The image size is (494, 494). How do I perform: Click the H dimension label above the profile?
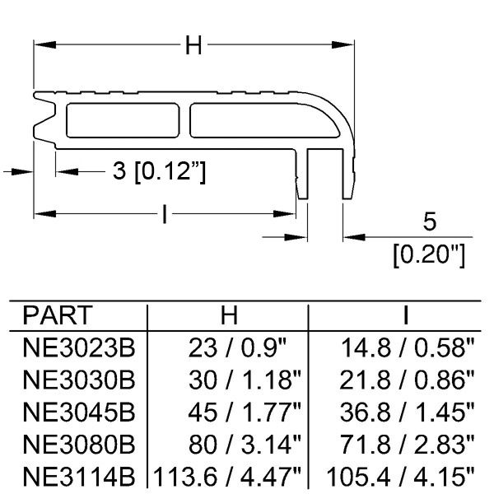point(193,45)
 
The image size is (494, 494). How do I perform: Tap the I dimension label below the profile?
point(165,214)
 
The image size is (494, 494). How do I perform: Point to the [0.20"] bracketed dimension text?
point(429,255)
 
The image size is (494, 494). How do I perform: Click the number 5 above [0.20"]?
point(430,221)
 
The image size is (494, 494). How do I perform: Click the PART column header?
point(58,315)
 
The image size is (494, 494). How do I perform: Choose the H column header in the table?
point(229,315)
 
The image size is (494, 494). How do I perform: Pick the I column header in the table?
point(406,315)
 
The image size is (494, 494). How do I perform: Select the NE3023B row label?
point(79,347)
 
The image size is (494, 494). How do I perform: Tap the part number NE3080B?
point(79,445)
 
